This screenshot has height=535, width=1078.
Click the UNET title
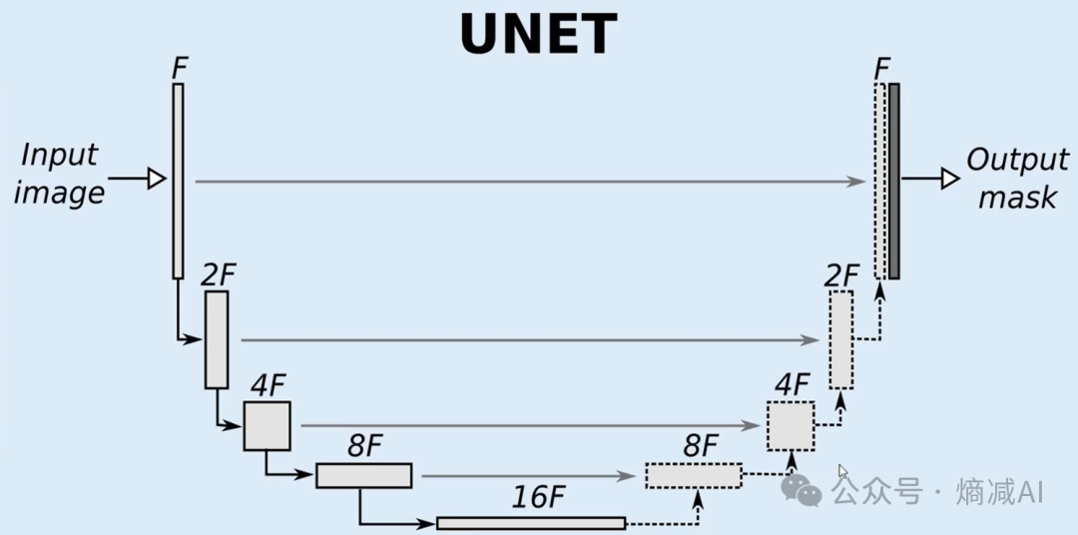tap(538, 34)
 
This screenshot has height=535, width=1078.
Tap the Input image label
tap(60, 174)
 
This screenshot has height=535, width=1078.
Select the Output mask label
tap(1016, 179)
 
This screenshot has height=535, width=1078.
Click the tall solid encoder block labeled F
tap(178, 181)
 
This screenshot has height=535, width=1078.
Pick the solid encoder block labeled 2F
tap(217, 339)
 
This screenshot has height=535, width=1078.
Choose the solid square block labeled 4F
tap(267, 425)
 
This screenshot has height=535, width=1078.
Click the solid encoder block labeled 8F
tap(363, 476)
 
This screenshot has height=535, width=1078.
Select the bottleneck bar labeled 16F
tap(531, 523)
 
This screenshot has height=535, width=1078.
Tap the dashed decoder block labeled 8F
tap(694, 476)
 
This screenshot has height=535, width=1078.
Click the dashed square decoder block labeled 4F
tap(791, 425)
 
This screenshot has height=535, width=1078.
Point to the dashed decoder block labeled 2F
tap(840, 339)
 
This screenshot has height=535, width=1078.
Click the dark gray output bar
tap(894, 181)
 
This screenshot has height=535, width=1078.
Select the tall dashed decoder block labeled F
tap(879, 181)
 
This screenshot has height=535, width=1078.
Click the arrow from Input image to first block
tap(136, 180)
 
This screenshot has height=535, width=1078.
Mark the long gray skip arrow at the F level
tap(529, 182)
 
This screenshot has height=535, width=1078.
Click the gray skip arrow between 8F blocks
tap(529, 476)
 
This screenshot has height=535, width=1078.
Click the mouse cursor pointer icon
tap(843, 472)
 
